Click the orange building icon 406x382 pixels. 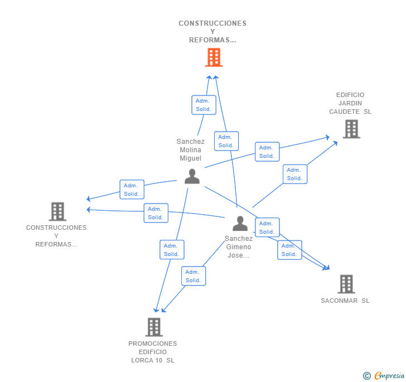tap(214, 57)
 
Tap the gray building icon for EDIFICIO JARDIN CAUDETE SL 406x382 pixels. tap(351, 129)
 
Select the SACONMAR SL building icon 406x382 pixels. tap(346, 284)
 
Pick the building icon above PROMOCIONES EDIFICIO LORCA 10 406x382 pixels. tap(154, 327)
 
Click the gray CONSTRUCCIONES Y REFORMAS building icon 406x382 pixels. tap(57, 211)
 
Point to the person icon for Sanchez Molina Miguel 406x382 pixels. tap(192, 176)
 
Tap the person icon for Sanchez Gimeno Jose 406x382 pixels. tap(240, 224)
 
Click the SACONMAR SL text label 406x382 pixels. tap(345, 301)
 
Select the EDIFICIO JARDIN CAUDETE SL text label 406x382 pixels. tap(350, 103)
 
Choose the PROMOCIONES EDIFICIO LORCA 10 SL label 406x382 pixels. tap(153, 352)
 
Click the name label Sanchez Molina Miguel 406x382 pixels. tap(191, 149)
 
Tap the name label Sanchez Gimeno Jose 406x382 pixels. tap(239, 247)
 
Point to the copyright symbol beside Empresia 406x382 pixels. tap(366, 376)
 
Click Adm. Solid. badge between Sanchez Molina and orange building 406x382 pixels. tap(204, 105)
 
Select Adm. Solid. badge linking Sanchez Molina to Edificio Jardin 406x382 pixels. tap(267, 152)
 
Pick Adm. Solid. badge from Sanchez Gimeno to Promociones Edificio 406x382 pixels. tap(194, 276)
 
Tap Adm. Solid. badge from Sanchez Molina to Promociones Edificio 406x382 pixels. tap(172, 249)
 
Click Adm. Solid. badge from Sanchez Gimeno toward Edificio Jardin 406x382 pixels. tap(295, 174)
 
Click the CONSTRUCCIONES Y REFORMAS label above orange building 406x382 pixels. tap(212, 32)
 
